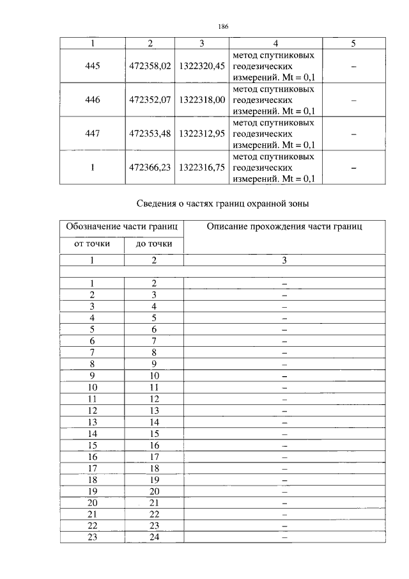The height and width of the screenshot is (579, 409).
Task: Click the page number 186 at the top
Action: pos(223,26)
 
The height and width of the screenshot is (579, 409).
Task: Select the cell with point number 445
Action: pos(93,67)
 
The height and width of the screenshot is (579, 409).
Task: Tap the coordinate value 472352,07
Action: pos(150,100)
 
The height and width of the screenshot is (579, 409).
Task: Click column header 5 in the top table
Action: pos(353,44)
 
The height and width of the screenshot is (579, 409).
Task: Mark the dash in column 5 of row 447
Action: pos(353,134)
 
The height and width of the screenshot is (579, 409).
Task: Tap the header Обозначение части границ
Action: pos(123,226)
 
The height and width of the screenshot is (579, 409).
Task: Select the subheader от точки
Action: pos(92,244)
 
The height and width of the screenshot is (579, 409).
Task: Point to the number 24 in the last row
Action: pos(153,537)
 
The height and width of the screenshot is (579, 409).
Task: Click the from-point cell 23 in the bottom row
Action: pos(92,537)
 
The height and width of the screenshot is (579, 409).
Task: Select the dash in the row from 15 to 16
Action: pos(284,445)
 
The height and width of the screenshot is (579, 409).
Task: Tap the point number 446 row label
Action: pos(93,100)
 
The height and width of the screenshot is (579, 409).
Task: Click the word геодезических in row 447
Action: pos(263,134)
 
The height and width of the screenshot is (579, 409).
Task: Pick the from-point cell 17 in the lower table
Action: pos(92,468)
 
